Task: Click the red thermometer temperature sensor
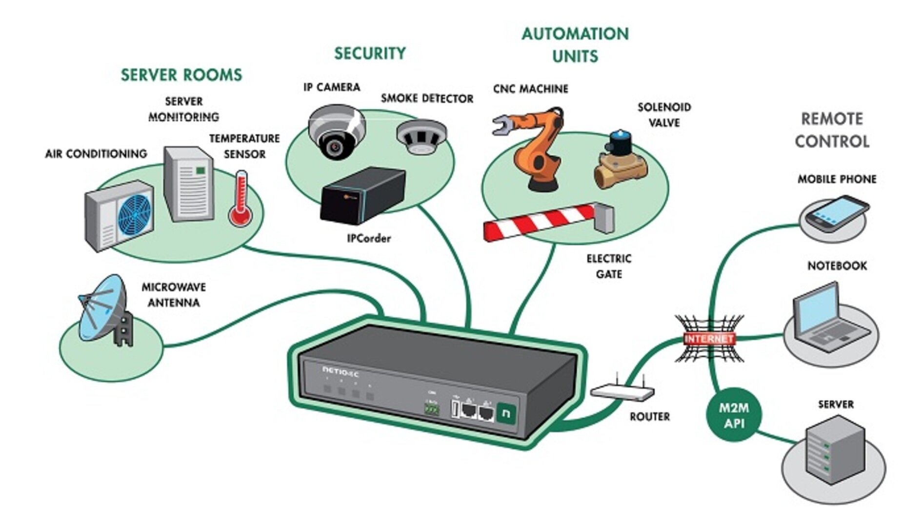pos(241,200)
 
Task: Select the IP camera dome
pos(336,132)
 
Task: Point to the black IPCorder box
pos(362,195)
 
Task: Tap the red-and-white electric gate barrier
pos(541,222)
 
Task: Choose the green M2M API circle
pos(734,415)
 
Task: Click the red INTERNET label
pos(709,339)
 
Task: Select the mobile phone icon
pos(836,214)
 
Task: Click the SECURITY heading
pos(370,53)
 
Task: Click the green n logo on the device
pos(506,413)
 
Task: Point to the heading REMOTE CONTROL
pos(832,130)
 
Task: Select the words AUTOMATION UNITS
pos(575,45)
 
